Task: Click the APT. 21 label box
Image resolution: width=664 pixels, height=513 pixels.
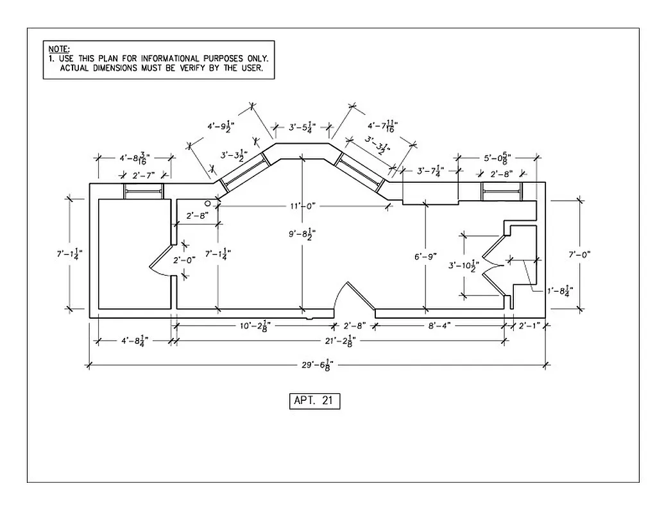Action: coord(314,401)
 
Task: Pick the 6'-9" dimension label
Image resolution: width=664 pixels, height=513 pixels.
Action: coord(425,256)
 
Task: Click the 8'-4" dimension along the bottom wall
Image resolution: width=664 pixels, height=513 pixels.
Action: coord(439,325)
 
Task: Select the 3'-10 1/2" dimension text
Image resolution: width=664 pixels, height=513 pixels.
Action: coord(464,264)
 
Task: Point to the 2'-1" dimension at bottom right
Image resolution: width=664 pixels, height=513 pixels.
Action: coord(529,325)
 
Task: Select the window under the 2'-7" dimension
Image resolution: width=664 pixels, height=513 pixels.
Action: coord(143,191)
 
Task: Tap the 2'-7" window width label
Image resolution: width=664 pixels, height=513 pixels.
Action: coord(143,175)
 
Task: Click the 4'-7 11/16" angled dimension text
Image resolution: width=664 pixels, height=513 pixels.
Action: coord(380,127)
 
